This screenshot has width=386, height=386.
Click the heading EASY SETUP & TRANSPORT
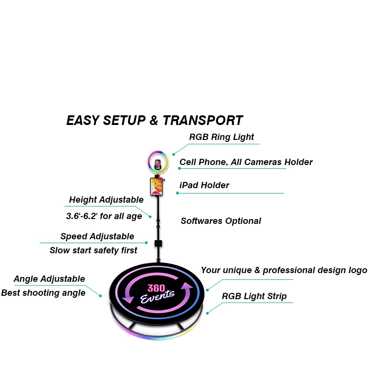154,121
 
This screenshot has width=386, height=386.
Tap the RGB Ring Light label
221,137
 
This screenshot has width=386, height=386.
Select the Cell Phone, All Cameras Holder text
246,162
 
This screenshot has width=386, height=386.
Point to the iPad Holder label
204,185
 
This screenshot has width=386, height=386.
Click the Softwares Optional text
221,221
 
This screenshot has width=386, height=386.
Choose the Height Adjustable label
106,200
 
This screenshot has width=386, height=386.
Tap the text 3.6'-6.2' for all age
104,216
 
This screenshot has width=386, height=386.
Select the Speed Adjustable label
97,236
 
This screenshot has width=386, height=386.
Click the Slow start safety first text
93,250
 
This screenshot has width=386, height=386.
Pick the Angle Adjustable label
49,279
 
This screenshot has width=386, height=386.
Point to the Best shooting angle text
43,293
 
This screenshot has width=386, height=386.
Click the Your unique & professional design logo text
284,270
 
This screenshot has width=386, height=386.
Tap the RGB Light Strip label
254,296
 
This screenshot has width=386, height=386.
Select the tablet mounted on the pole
157,187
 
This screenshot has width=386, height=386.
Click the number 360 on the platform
157,288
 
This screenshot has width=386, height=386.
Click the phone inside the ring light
158,163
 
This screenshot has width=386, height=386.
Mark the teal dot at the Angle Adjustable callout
101,296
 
